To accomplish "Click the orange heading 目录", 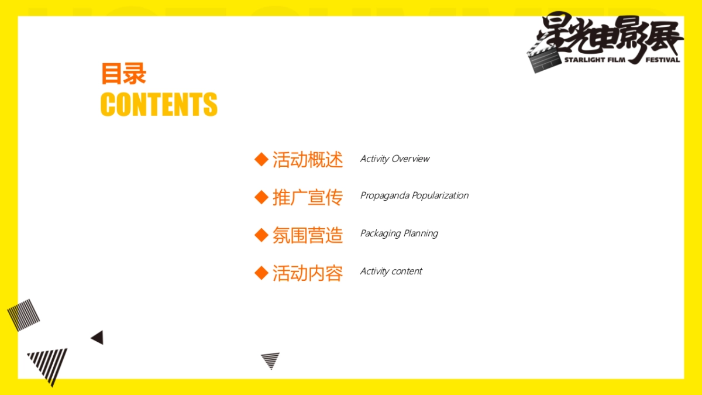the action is pyautogui.click(x=123, y=73).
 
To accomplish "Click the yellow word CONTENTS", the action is pyautogui.click(x=159, y=104).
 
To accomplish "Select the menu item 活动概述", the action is pyautogui.click(x=308, y=160).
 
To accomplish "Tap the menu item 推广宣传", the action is pyautogui.click(x=308, y=197).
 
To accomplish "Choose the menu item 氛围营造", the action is pyautogui.click(x=308, y=235).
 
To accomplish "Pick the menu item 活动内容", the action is pyautogui.click(x=308, y=273).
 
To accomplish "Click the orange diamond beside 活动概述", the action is pyautogui.click(x=261, y=159).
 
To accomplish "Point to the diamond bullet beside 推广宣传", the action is pyautogui.click(x=261, y=197).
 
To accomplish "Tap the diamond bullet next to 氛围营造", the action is pyautogui.click(x=261, y=235).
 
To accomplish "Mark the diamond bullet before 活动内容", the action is pyautogui.click(x=261, y=273).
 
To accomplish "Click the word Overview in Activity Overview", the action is pyautogui.click(x=411, y=159).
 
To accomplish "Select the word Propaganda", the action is pyautogui.click(x=385, y=196).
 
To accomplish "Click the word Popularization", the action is pyautogui.click(x=441, y=195).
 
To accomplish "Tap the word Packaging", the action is pyautogui.click(x=381, y=233).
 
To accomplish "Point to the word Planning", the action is pyautogui.click(x=421, y=233).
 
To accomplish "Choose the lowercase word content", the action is pyautogui.click(x=407, y=271).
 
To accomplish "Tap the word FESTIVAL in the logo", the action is pyautogui.click(x=662, y=60).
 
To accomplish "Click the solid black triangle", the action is pyautogui.click(x=98, y=338).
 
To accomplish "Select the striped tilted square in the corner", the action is pyautogui.click(x=23, y=315).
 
